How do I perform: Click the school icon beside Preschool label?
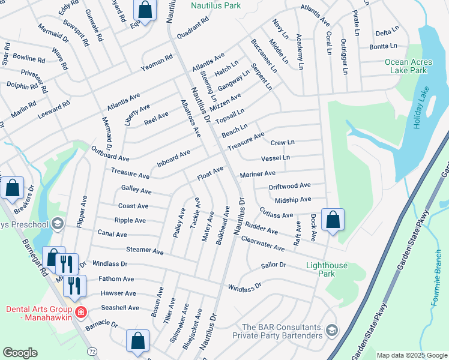click(58, 224)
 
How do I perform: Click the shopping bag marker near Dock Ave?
click(332, 220)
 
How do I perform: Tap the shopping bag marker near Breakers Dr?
click(12, 188)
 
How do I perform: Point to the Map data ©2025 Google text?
click(412, 355)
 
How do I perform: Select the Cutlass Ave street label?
click(276, 213)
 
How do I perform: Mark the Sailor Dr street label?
click(274, 265)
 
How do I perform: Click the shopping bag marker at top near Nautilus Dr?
click(145, 10)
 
